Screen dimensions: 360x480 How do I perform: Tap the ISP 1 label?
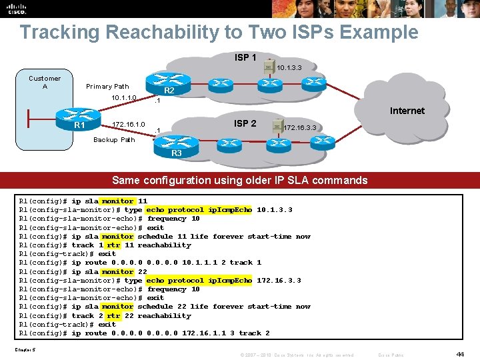[x=245, y=58]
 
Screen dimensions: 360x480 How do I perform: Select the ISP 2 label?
[x=245, y=123]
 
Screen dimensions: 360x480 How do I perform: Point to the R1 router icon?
[x=79, y=122]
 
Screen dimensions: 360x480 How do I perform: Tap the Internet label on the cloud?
[x=407, y=111]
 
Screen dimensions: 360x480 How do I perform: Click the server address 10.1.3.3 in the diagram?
[x=289, y=68]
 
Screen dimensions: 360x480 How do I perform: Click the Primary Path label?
[x=107, y=87]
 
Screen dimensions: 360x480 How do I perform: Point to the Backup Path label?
[x=114, y=140]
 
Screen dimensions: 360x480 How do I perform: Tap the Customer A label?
[x=45, y=82]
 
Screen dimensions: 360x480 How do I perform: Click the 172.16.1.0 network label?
[x=129, y=125]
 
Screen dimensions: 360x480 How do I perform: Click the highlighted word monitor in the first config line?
[x=117, y=201]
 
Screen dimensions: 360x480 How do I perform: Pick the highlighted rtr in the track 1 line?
[x=113, y=245]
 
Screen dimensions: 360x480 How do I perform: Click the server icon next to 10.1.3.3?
[x=267, y=66]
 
